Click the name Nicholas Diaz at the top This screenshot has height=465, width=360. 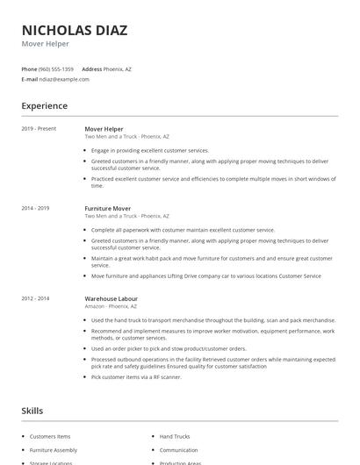75,30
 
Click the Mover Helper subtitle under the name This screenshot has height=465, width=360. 45,44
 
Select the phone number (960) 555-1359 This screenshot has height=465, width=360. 55,68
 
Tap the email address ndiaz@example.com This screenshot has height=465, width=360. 64,79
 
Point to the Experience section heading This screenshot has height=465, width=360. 45,106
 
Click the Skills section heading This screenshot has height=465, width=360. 32,411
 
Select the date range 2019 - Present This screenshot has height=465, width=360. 39,129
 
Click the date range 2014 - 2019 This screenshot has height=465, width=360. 35,209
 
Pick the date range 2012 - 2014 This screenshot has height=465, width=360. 35,299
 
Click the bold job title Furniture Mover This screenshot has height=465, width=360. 107,209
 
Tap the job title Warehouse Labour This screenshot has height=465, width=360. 112,299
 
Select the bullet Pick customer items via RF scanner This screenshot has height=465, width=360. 136,376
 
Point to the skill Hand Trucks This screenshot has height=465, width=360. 175,436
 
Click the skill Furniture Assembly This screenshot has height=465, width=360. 53,450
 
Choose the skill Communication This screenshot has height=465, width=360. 178,450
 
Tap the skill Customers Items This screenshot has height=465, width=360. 49,436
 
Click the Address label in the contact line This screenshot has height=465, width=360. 91,68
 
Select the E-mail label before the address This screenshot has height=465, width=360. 29,79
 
